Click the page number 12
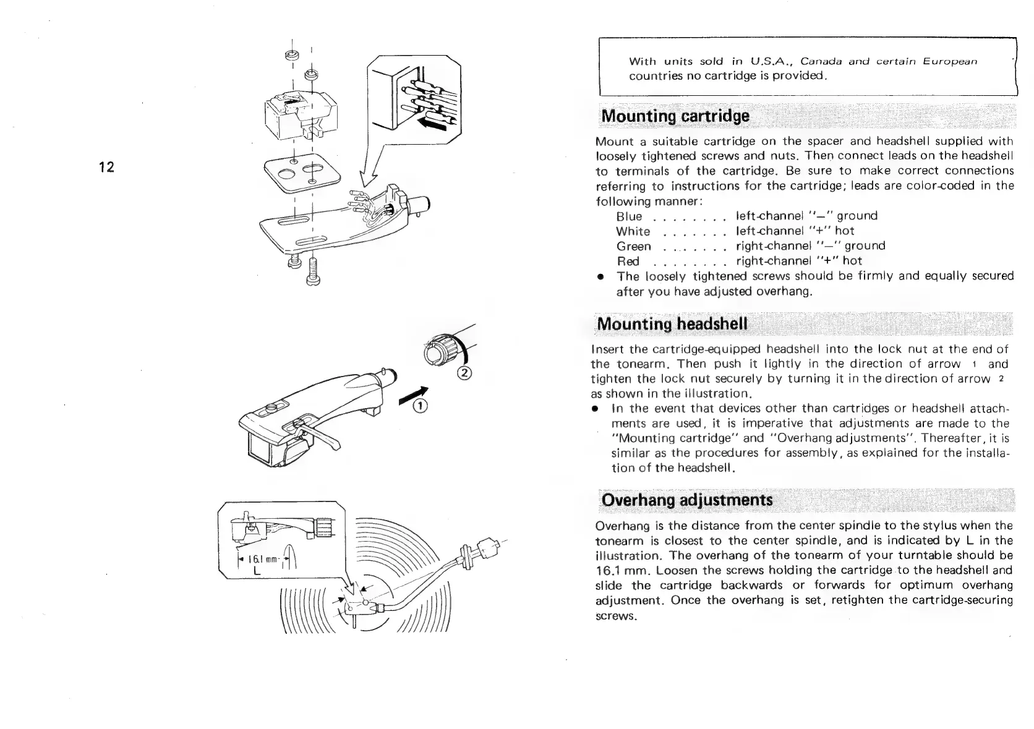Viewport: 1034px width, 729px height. coord(107,167)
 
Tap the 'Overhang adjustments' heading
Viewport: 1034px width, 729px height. coord(687,500)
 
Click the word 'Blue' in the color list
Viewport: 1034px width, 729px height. coord(629,216)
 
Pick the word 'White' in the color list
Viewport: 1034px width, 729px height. coord(633,231)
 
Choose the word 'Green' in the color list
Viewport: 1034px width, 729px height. coord(633,246)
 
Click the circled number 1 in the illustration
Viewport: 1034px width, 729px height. coord(421,406)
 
